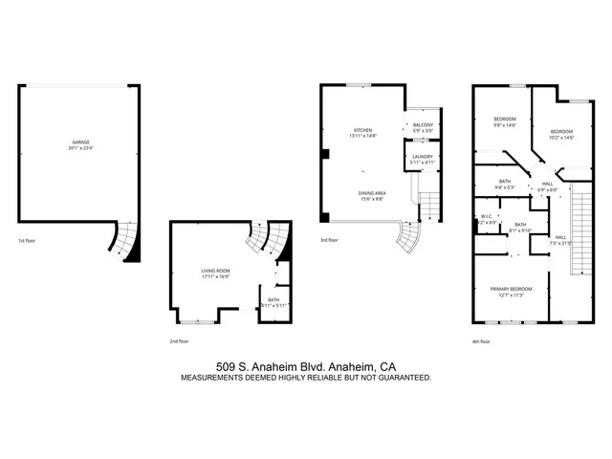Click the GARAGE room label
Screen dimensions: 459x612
(81, 142)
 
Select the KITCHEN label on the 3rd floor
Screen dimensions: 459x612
(363, 130)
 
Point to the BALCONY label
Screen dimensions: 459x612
(422, 125)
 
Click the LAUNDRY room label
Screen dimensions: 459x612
(422, 157)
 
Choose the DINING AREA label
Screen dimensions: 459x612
(372, 192)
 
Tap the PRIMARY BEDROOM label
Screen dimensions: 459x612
(512, 288)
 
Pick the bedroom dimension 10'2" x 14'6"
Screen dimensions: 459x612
(561, 137)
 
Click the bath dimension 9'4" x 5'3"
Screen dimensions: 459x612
(505, 186)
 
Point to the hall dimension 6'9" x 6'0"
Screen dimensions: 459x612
(547, 189)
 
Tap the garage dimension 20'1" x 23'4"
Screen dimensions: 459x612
(81, 148)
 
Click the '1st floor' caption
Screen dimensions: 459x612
(29, 241)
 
